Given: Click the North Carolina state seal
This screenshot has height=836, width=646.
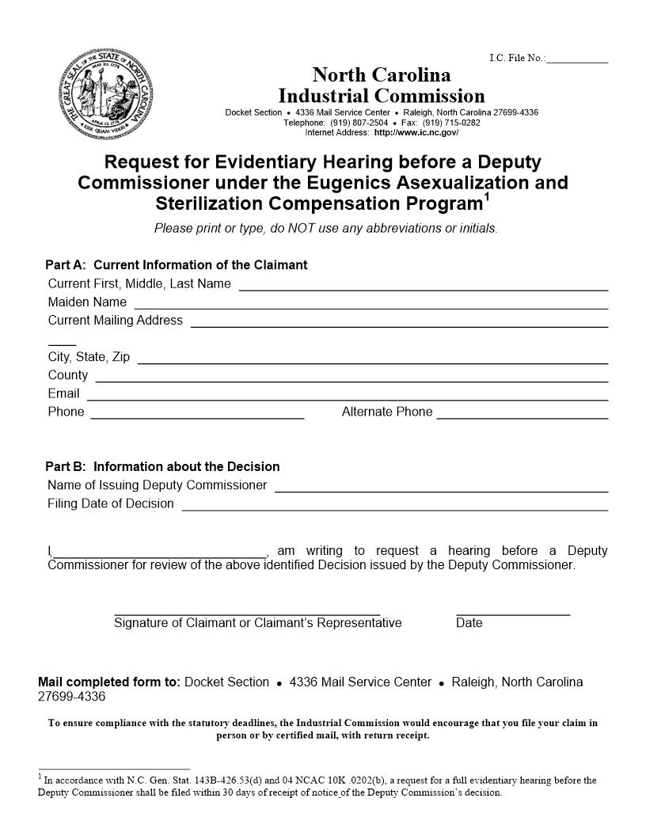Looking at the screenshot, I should coord(107,93).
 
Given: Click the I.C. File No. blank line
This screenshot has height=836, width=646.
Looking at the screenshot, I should coord(577,60).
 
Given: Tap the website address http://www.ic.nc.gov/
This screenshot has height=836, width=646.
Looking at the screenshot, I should coord(416,132).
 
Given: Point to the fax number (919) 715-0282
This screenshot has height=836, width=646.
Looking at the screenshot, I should coord(451,123).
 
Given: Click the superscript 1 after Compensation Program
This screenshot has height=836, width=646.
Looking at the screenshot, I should coord(487,197).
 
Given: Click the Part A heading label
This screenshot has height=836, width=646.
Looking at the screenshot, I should coord(176,265).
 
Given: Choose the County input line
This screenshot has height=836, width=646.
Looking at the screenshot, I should coord(351,380).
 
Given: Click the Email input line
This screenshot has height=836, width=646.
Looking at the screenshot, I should coord(347,398).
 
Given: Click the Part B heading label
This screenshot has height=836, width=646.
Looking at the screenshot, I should coord(162,467).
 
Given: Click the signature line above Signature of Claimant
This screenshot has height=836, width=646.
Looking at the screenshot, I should coord(247,614).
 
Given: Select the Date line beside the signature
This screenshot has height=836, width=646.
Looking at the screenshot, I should coord(513,614).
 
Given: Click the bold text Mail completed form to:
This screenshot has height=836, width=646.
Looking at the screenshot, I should coord(109,682).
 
